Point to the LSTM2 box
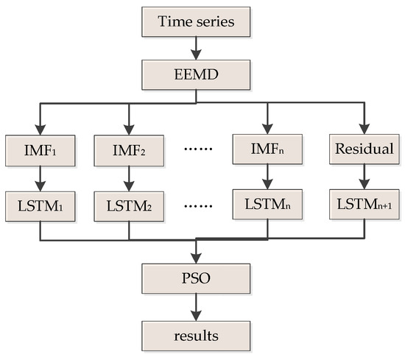coord(129,202)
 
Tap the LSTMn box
coord(267,202)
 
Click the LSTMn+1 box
coord(362,202)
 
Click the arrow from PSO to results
coord(196,307)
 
